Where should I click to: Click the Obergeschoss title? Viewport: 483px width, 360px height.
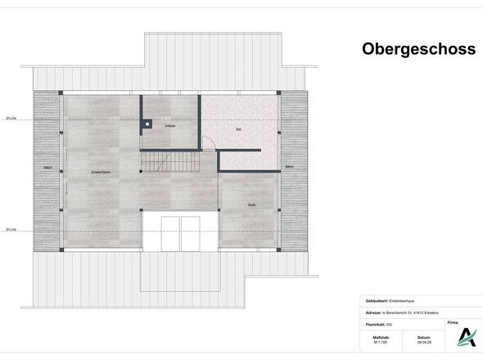418,49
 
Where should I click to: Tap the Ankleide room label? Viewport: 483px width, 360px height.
170,127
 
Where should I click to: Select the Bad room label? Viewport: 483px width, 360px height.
238,129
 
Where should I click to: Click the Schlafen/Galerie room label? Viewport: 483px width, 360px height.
102,173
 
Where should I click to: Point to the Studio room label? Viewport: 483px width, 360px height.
252,205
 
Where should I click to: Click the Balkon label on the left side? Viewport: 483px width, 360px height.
47,168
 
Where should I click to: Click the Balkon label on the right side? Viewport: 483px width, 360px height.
289,167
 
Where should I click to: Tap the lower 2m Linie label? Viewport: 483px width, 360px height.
11,230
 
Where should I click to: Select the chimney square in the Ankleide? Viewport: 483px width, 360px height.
146,124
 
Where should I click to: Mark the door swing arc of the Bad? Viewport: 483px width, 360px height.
211,144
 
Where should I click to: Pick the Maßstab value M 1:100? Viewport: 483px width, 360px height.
380,343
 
